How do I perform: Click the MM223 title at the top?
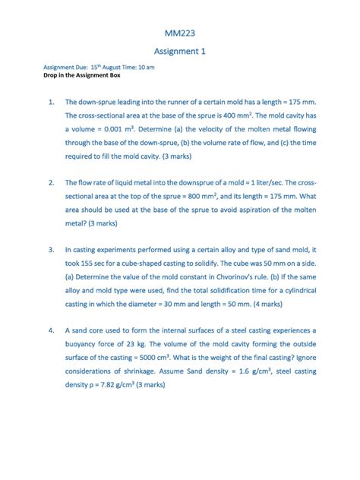point(180,33)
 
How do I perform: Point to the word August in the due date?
point(113,68)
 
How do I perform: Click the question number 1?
point(50,101)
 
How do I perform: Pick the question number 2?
point(50,183)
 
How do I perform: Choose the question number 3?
point(50,249)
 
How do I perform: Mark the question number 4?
point(50,330)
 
